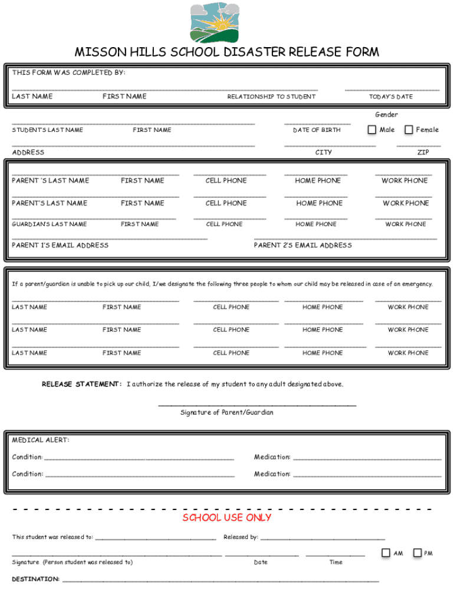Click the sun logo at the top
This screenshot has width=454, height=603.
tap(216, 23)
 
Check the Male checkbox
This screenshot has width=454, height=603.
tap(372, 130)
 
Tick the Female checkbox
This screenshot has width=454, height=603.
tap(409, 130)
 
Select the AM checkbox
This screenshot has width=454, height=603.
tap(386, 553)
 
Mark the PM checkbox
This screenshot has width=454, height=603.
tap(417, 553)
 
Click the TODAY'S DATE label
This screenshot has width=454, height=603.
tap(391, 97)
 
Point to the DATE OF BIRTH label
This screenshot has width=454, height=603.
tap(317, 130)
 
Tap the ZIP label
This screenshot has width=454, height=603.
tap(423, 153)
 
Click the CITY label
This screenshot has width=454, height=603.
tap(324, 153)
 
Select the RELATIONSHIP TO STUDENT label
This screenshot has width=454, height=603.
tap(271, 97)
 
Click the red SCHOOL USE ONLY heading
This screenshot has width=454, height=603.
tap(227, 518)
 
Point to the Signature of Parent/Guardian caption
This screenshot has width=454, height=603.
tap(227, 413)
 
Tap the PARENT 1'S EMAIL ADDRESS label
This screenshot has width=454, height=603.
tap(60, 246)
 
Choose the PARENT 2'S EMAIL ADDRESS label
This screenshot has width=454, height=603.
tap(302, 246)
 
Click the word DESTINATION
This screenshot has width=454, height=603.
tap(35, 579)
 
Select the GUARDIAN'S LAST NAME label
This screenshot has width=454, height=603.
tap(50, 224)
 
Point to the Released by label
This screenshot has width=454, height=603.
tap(241, 537)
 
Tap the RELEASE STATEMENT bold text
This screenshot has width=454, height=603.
tap(81, 385)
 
